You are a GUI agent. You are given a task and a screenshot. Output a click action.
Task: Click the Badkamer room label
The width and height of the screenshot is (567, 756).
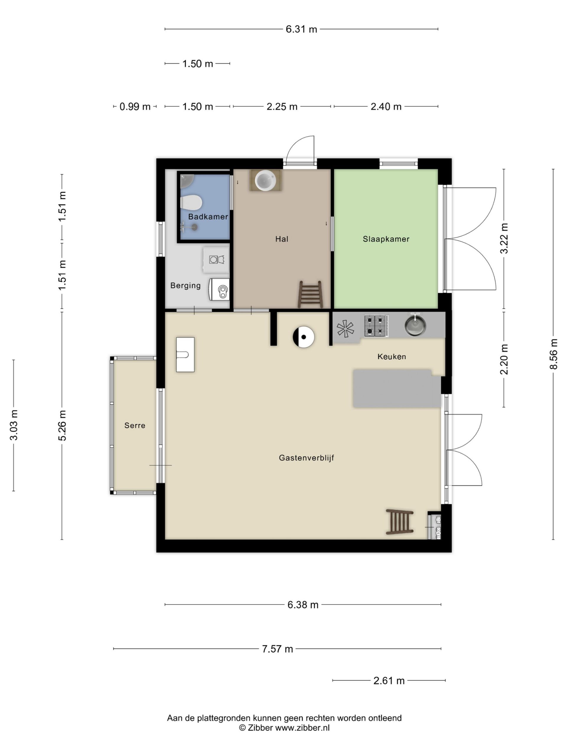coord(208,216)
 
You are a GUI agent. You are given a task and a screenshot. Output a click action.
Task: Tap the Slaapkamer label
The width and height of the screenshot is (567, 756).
coord(386,239)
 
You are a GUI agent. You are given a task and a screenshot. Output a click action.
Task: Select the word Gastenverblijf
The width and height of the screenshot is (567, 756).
coord(306,458)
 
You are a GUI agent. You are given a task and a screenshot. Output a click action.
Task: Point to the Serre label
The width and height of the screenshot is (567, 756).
coord(135,425)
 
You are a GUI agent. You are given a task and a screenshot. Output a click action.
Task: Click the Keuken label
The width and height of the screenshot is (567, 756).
coord(392,356)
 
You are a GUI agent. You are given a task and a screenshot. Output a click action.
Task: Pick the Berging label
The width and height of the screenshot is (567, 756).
coord(185,285)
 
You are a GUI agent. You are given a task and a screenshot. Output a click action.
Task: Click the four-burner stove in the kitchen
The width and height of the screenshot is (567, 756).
coord(376,326)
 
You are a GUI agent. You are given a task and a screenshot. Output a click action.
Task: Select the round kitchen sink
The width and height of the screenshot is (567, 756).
coord(415,325)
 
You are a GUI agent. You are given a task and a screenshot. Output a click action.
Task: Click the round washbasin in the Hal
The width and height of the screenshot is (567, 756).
coord(265,180)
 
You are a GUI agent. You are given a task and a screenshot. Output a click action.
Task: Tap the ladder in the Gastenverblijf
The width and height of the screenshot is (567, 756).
coord(400,522)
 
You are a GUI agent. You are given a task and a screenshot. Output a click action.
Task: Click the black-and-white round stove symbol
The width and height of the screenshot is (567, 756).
coord(304,337)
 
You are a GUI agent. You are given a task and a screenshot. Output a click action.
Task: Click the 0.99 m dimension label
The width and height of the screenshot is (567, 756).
coord(135,107)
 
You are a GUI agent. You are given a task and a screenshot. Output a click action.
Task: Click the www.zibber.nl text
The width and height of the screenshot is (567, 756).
coord(302,728)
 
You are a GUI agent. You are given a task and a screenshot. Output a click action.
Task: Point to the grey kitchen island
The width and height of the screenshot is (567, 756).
coord(397,388)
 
